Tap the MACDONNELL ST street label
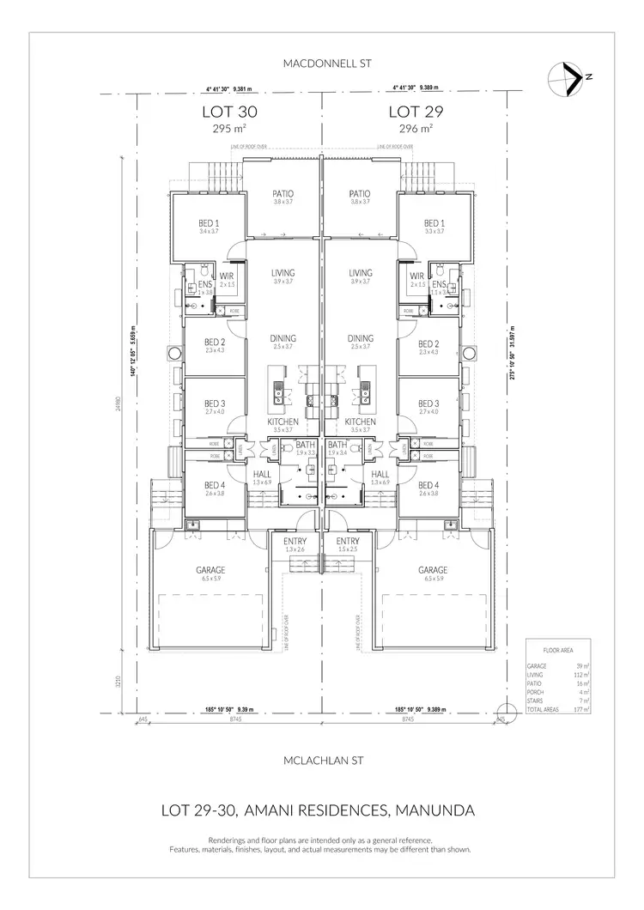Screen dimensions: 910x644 (322, 64)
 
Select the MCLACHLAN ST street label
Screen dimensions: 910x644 (322, 761)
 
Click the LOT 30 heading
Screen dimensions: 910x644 (229, 112)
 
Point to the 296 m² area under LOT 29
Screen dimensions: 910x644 (416, 129)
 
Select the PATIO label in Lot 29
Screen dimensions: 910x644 (360, 194)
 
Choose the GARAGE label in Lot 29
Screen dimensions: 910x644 (433, 569)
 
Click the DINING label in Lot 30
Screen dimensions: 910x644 (283, 338)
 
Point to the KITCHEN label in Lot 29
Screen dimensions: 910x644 (360, 422)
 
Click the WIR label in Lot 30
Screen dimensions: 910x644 (227, 276)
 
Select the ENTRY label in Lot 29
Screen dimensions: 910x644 (348, 541)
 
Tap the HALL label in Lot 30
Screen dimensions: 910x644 (263, 474)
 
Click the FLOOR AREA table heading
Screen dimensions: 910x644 (556, 650)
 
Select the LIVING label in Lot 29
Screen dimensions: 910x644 (360, 272)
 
